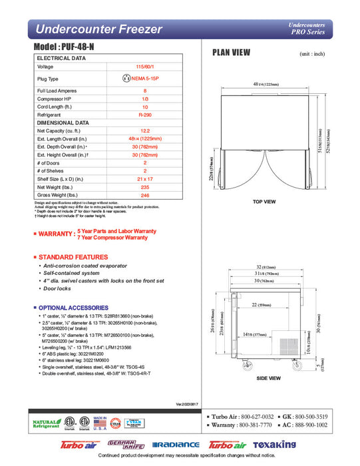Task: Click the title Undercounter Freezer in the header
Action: (98, 29)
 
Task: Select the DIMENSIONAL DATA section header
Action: (64, 122)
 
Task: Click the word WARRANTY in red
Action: (55, 234)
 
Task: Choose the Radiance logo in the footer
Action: (176, 445)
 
